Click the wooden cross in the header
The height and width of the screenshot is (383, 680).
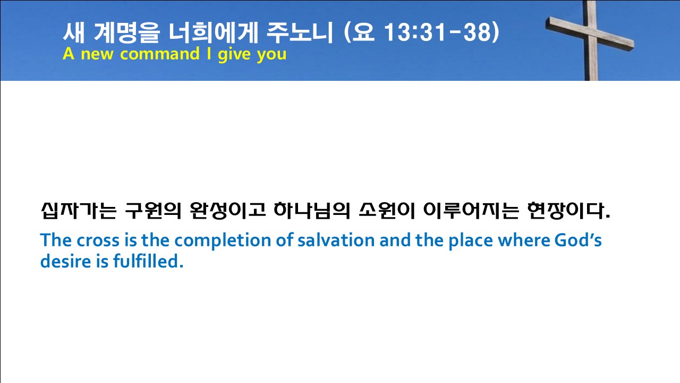pos(592,41)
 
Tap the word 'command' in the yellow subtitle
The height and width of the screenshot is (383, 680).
pos(160,54)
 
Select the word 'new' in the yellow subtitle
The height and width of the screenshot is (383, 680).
pos(97,55)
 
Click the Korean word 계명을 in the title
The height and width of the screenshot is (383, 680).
pos(126,32)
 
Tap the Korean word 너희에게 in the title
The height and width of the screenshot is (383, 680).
pos(213,32)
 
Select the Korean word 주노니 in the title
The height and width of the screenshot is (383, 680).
pos(300,32)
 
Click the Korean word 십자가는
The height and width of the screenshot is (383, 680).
pos(79,210)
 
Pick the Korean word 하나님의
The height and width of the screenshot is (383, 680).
pos(312,210)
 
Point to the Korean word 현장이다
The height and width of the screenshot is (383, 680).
pos(568,210)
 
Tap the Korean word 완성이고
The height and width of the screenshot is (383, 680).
pos(228,210)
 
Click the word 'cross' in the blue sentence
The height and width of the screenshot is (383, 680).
pos(98,240)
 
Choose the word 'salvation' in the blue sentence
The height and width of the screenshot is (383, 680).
pos(336,240)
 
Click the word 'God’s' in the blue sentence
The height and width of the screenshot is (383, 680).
pos(578,240)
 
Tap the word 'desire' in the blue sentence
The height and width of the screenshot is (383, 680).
pos(65,261)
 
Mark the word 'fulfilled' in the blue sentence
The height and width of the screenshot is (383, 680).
pos(148,261)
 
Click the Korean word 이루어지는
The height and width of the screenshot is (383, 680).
pos(471,210)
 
